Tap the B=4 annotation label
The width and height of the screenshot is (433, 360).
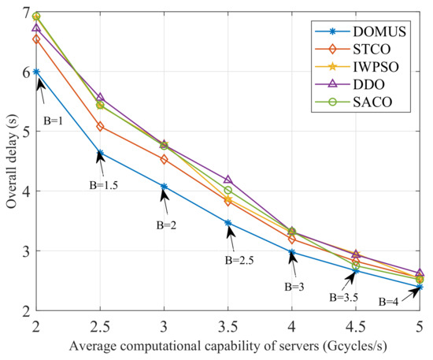click(x=393, y=301)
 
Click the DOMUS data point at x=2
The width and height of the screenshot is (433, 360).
click(x=36, y=72)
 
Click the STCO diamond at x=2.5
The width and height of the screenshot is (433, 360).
click(x=100, y=126)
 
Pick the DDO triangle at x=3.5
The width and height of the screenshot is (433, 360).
click(x=228, y=180)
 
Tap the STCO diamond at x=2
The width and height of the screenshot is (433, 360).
click(x=36, y=39)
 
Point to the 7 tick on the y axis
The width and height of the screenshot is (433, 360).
click(x=26, y=13)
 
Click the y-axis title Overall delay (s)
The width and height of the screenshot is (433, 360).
click(x=10, y=161)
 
